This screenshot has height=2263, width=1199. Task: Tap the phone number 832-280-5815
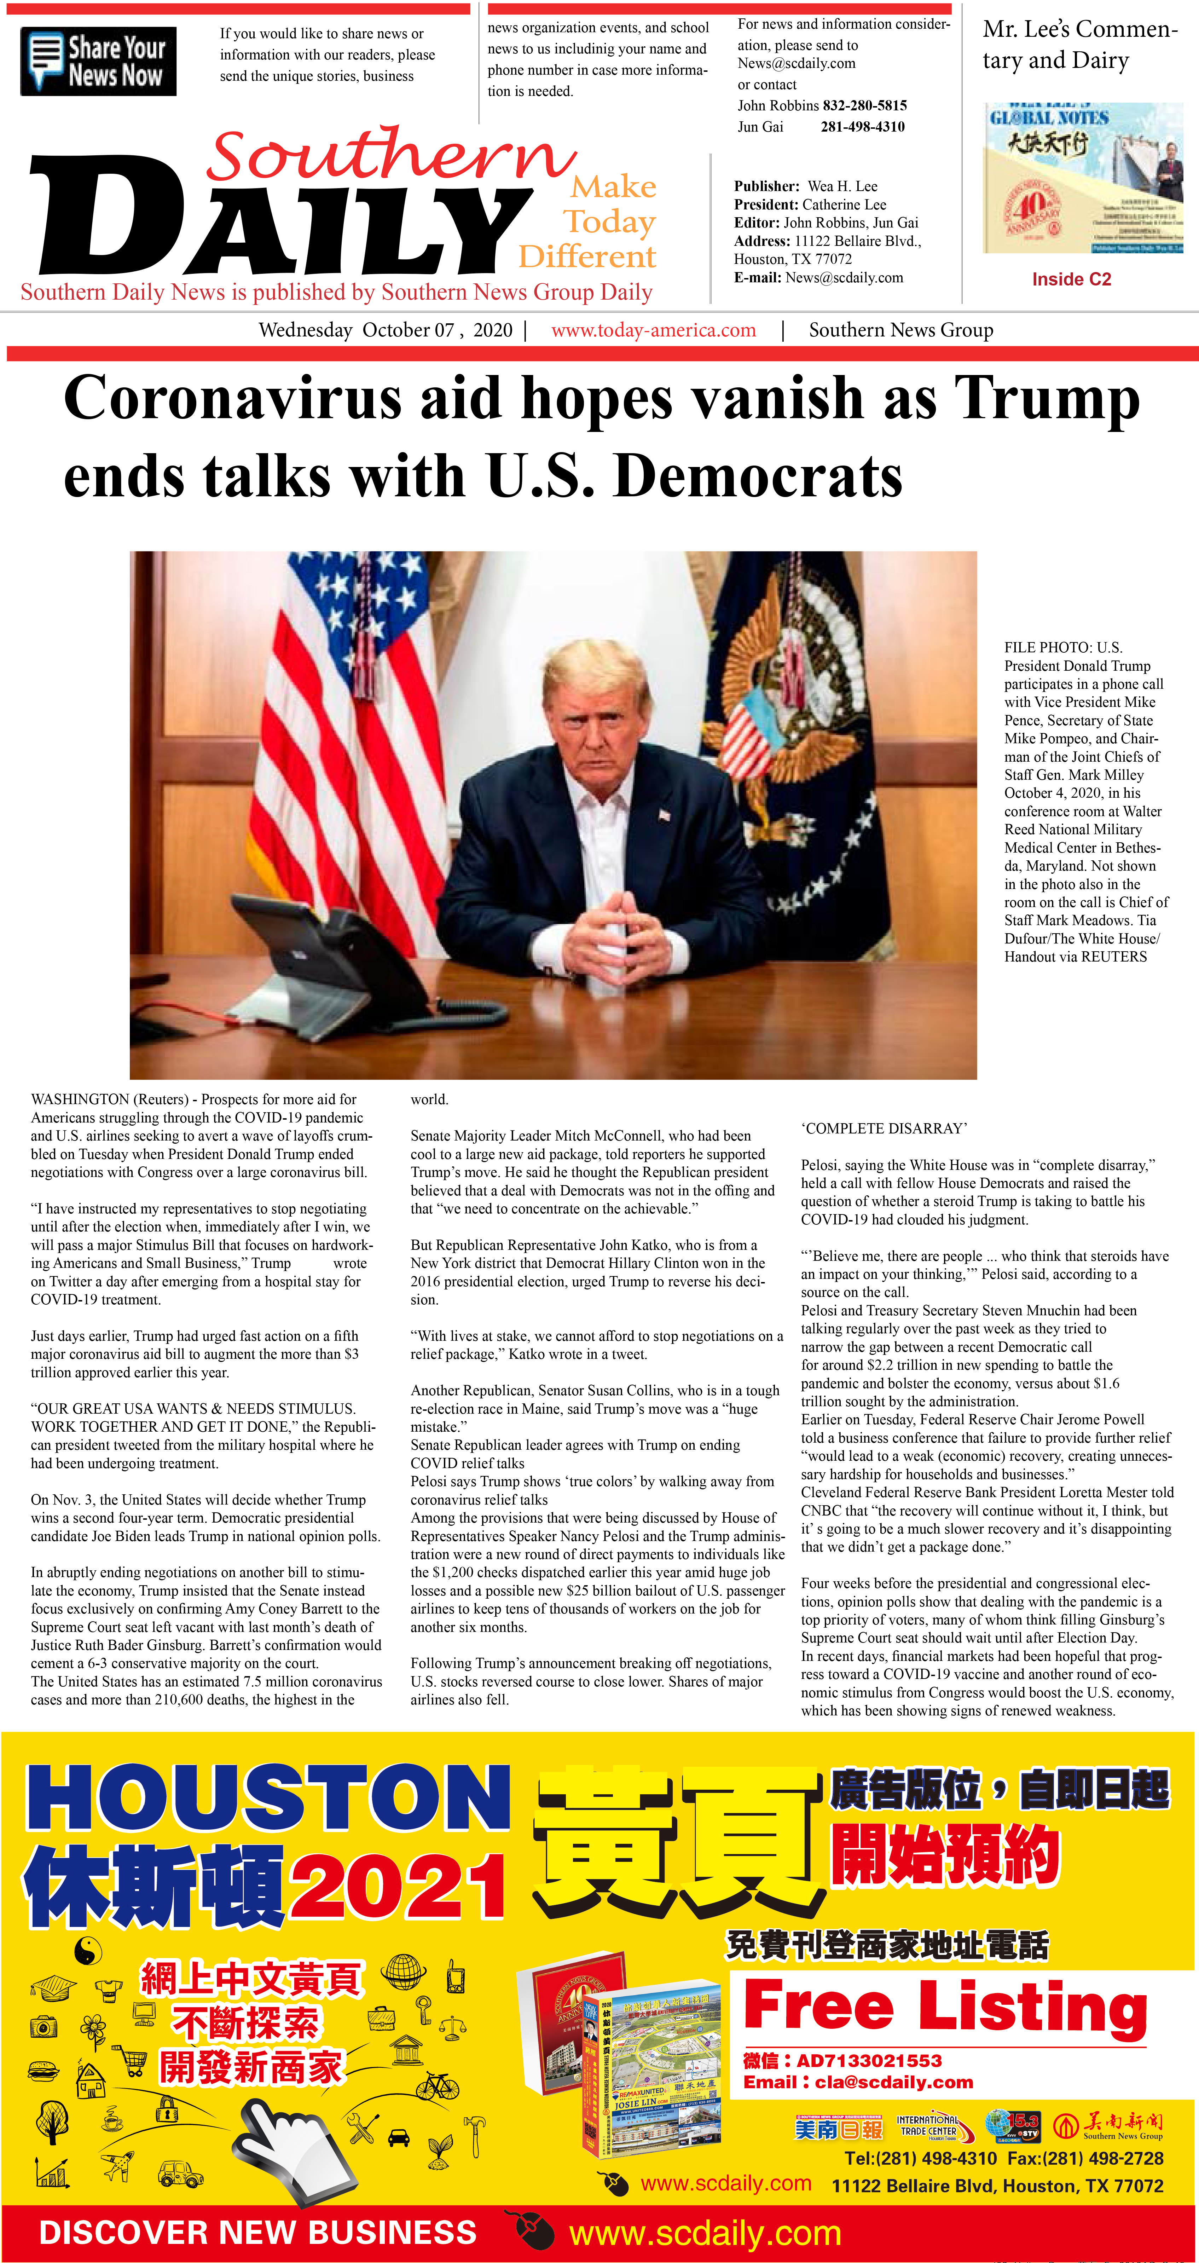tap(864, 105)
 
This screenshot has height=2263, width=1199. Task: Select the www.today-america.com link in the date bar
tap(654, 330)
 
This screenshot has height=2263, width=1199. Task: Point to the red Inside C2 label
tap(1072, 279)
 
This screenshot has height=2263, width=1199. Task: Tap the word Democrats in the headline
tap(758, 477)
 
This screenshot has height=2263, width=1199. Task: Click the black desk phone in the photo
tap(334, 958)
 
